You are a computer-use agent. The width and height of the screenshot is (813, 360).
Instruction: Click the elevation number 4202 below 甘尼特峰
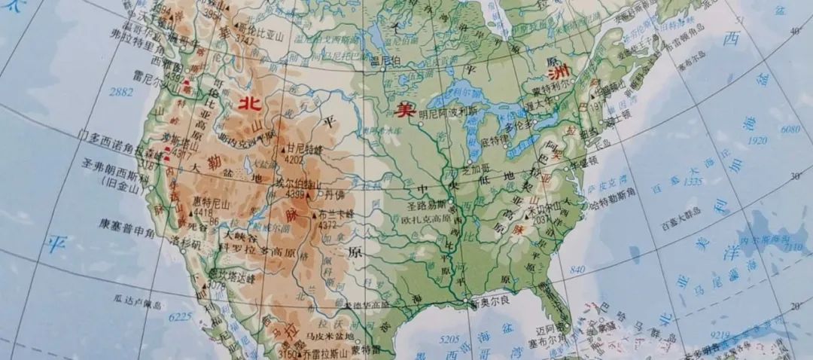[x=294, y=159]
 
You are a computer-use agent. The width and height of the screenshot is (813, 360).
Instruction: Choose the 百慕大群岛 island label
[x=681, y=224]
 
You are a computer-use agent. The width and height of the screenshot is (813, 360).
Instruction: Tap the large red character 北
[x=245, y=105]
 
